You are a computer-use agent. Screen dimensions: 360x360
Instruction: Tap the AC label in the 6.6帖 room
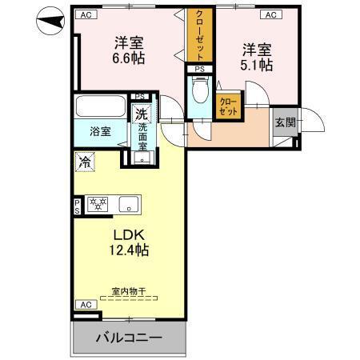tap(86, 14)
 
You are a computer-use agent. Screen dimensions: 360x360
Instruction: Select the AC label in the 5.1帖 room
tap(270, 14)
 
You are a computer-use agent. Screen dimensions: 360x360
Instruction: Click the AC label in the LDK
tap(84, 305)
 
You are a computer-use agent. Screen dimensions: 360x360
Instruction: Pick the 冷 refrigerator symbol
tap(84, 162)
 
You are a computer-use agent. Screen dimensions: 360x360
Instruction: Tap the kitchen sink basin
tap(128, 203)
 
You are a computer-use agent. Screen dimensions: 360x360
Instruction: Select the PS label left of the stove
tap(77, 206)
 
